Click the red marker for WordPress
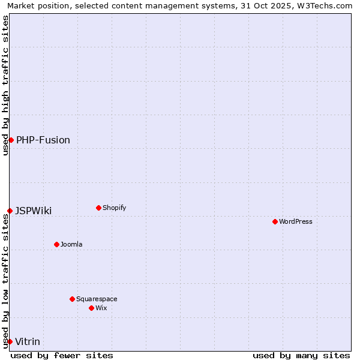[x=275, y=221]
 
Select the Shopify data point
[x=98, y=208]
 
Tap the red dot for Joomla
[x=56, y=244]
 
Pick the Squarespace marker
[x=72, y=299]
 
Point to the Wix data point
[x=91, y=308]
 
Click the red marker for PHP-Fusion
[x=11, y=140]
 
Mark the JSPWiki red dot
[x=10, y=211]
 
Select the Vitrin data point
[x=10, y=341]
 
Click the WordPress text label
[x=296, y=221]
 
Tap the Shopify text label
[x=114, y=208]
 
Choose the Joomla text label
[x=71, y=244]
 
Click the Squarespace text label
[x=97, y=299]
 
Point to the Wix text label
[x=101, y=308]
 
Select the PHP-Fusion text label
[x=43, y=140]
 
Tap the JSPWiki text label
[x=34, y=211]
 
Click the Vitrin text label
[x=28, y=341]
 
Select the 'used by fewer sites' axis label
[x=62, y=355]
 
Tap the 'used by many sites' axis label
[x=301, y=355]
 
